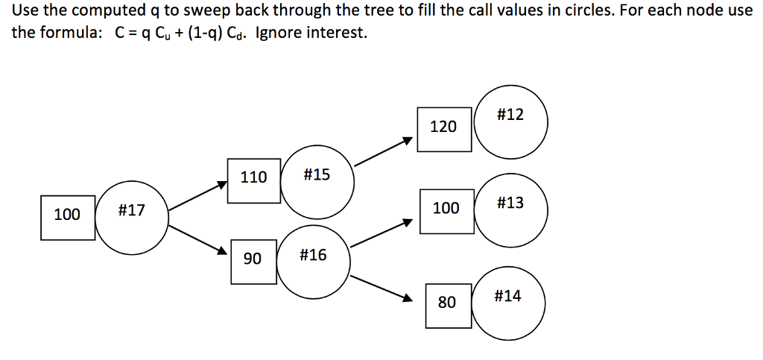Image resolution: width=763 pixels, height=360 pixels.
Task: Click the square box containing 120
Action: pos(443,127)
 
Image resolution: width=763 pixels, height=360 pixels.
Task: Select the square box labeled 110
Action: pos(253,179)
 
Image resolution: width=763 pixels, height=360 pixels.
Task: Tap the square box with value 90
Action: pos(253,260)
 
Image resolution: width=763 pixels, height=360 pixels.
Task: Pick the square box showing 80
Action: pos(448,304)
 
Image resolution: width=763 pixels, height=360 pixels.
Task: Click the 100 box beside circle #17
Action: pos(67,216)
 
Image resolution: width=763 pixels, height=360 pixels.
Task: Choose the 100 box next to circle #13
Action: pos(446,210)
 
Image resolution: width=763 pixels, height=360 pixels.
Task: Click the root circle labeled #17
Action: pos(132,217)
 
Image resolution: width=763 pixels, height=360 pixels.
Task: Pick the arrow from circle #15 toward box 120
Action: pos(383,151)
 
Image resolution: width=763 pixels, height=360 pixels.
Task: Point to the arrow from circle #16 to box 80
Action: pos(381,288)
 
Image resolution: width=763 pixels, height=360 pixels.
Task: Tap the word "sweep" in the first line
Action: pos(197,13)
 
